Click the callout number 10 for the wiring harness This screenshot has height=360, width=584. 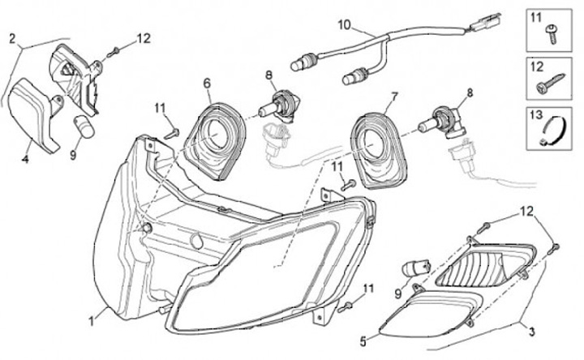tap(345, 25)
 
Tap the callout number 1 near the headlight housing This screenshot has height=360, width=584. tap(92, 320)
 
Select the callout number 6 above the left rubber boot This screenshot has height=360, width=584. tap(207, 84)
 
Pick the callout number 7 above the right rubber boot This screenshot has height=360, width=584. tap(394, 97)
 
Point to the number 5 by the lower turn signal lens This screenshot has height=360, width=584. tap(363, 341)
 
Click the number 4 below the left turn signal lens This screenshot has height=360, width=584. tap(25, 160)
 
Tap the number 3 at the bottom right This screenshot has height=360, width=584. tap(532, 331)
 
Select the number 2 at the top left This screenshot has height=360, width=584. tap(12, 38)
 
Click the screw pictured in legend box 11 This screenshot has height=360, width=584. tap(552, 33)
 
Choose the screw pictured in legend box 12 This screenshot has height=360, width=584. tap(551, 84)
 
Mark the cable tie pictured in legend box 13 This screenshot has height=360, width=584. tap(553, 131)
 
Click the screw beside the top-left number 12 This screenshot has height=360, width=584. tap(113, 53)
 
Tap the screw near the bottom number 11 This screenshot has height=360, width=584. tap(346, 307)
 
